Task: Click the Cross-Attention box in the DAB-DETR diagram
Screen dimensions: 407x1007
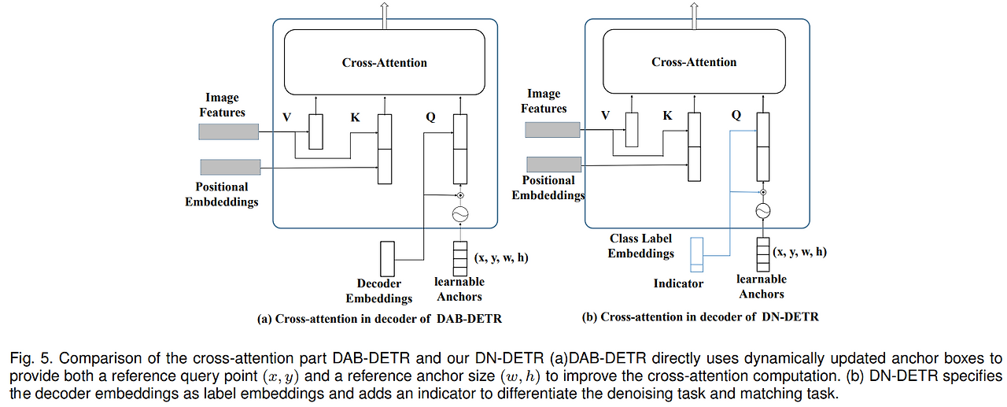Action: tap(385, 63)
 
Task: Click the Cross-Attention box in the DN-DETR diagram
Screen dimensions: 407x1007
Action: tap(694, 62)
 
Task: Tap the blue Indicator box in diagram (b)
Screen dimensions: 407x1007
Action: tap(696, 253)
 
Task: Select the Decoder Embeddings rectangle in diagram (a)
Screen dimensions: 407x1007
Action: tap(388, 258)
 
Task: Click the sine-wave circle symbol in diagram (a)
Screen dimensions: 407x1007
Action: tap(461, 214)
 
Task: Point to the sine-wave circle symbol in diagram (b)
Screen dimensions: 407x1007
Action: tap(762, 211)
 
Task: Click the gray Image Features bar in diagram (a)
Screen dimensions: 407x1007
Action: tap(229, 131)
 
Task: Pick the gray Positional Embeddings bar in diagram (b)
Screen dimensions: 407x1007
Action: tap(553, 164)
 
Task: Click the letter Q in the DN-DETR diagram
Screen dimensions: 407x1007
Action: tap(736, 115)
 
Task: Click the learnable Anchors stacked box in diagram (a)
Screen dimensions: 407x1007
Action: tap(460, 257)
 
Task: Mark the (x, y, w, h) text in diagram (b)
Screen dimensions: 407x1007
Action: tap(799, 252)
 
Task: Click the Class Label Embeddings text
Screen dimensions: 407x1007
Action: tap(642, 246)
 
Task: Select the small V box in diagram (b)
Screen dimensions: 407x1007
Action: tap(631, 129)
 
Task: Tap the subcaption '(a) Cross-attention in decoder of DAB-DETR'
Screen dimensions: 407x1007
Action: tap(379, 319)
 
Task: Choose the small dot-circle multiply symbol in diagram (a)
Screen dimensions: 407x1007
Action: tap(461, 195)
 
